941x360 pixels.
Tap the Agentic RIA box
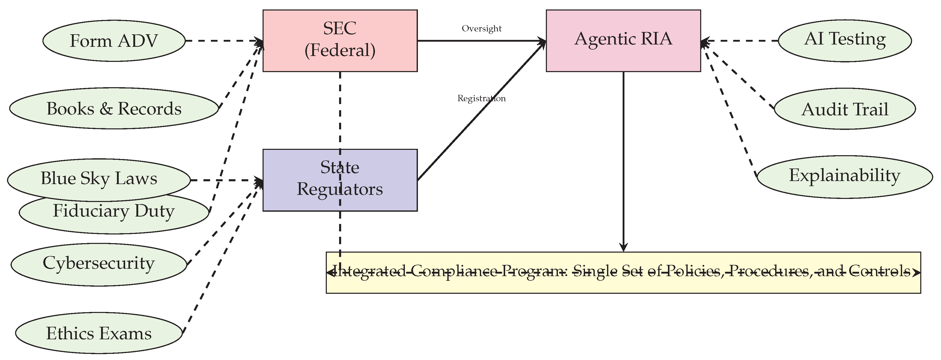click(x=623, y=41)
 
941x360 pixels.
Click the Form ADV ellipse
click(x=114, y=41)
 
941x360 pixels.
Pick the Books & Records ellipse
click(x=114, y=108)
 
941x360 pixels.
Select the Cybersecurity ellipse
click(x=99, y=264)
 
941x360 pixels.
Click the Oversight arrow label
click(x=481, y=28)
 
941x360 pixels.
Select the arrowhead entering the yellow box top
click(x=623, y=247)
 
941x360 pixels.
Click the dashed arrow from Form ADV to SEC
click(x=223, y=41)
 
